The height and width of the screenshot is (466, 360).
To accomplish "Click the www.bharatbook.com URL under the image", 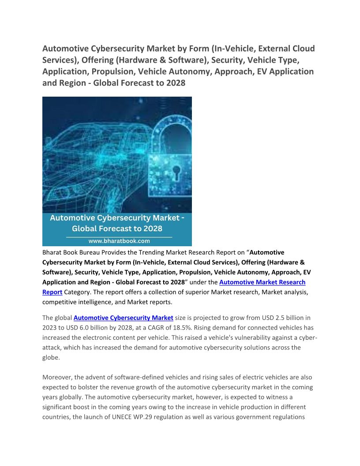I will pyautogui.click(x=119, y=241).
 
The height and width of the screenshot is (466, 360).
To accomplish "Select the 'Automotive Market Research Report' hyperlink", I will pyautogui.click(x=262, y=282).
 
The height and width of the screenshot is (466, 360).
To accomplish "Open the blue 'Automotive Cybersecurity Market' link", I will pyautogui.click(x=123, y=317).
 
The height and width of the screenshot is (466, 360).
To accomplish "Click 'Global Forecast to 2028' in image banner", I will pyautogui.click(x=117, y=229).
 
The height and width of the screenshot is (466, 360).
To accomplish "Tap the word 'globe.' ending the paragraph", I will pyautogui.click(x=52, y=357).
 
